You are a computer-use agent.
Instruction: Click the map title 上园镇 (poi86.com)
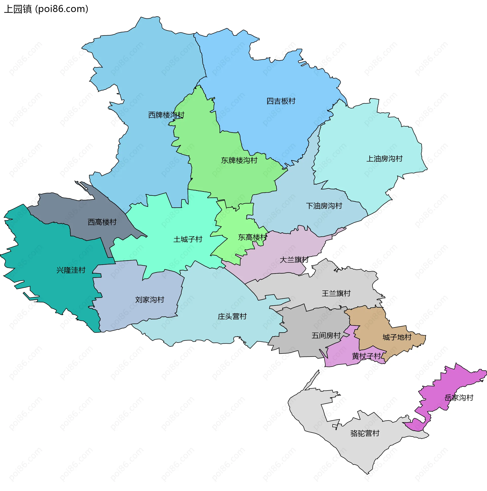point(46,9)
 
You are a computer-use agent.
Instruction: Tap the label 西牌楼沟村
point(166,115)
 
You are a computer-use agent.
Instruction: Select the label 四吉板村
point(281,101)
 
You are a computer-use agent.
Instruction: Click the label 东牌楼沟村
point(239,160)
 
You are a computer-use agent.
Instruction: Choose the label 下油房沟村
point(324,206)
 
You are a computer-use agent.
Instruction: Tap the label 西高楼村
point(102,222)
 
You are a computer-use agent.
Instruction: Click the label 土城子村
point(188,239)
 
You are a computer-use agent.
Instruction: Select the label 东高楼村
point(252,237)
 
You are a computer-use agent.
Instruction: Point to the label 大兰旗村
point(294,260)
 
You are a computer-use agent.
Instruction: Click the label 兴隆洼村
point(71,270)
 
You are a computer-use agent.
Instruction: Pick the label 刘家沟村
point(149,300)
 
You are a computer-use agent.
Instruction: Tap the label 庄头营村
point(232,317)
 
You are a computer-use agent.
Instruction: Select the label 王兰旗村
point(336,293)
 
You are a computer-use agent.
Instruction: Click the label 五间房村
point(326,336)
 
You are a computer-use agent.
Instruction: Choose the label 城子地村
point(397,337)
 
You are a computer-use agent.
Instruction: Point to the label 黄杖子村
point(366,356)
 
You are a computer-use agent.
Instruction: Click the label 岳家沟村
point(459,398)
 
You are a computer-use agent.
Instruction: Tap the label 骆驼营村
point(364,433)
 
